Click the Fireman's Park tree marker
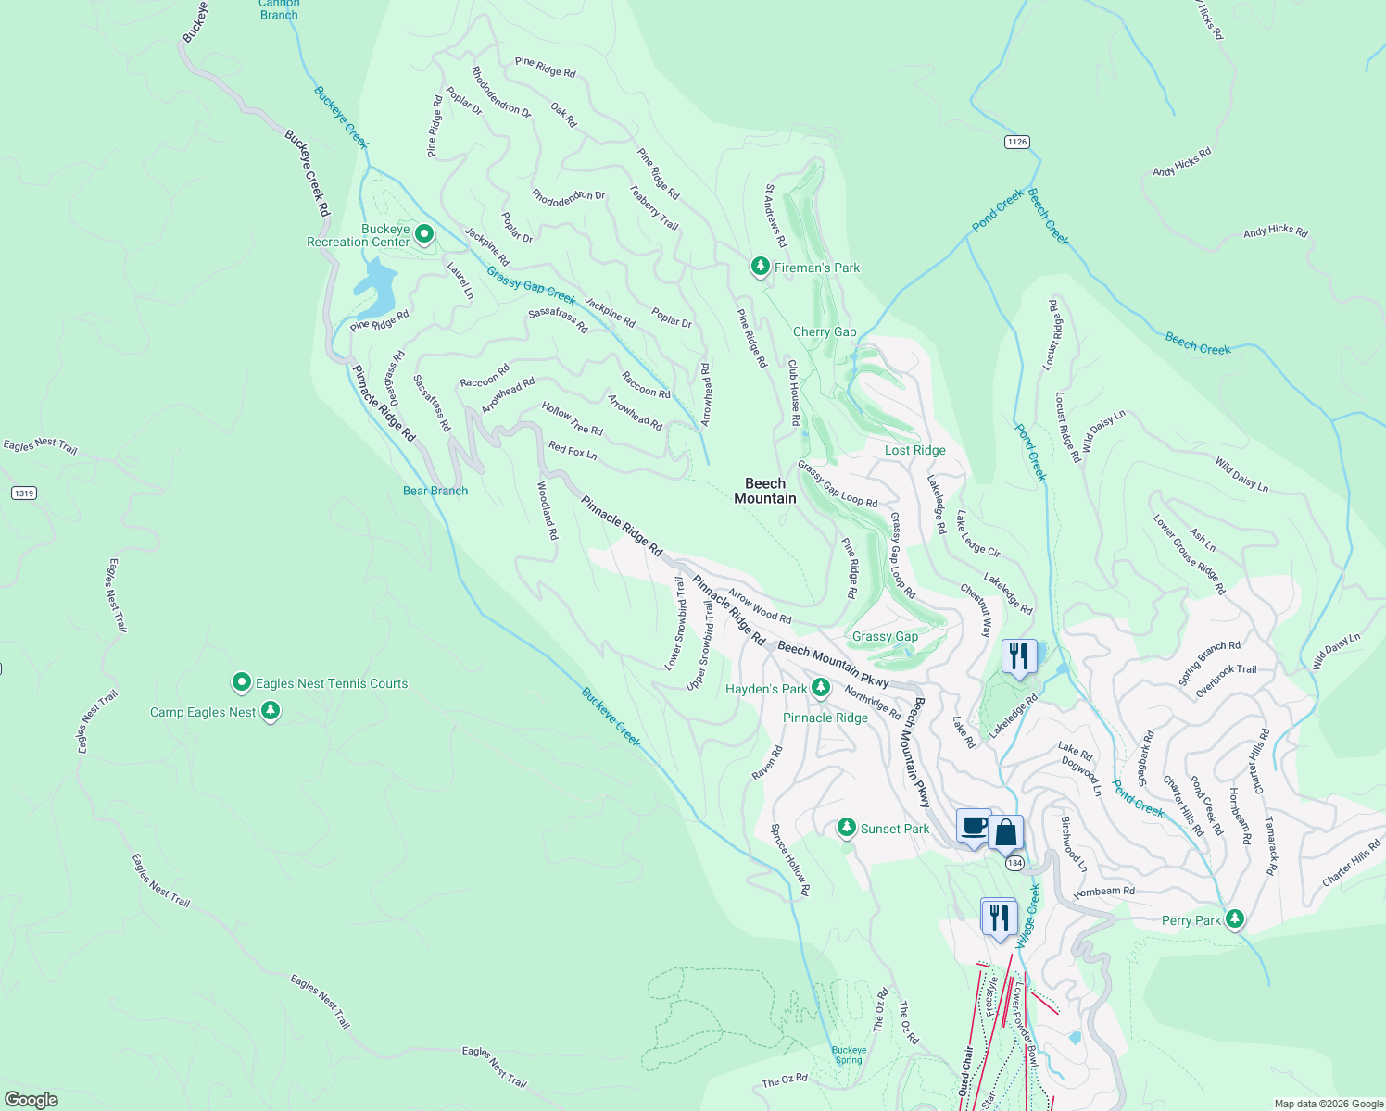coord(760,267)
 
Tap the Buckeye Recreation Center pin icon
coord(424,234)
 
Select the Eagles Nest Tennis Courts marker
coord(242,683)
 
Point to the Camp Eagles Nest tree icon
coord(271,711)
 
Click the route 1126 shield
coord(1016,142)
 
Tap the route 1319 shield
coord(24,493)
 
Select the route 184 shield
coord(1014,863)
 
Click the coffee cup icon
coord(973,826)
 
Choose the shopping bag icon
coord(1005,832)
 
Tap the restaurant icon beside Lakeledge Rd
coord(1019,656)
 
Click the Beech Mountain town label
coord(765,491)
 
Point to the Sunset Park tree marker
coord(846,828)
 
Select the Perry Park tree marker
coord(1234,919)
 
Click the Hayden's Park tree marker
coord(820,688)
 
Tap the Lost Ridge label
coord(914,450)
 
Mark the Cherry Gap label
coord(825,331)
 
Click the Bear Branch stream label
coord(435,491)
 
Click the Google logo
coord(31,1099)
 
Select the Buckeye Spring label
coord(849,1055)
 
